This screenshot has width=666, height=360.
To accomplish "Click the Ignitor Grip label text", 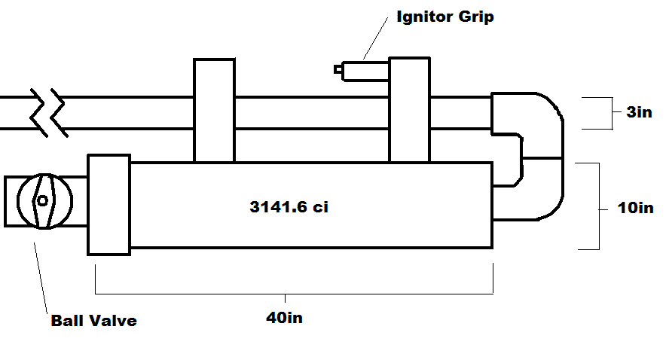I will [445, 17].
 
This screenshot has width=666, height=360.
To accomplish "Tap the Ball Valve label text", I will [93, 320].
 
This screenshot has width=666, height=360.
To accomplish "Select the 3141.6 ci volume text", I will [289, 207].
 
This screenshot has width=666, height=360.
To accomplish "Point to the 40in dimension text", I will [284, 318].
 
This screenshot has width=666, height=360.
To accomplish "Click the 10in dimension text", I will [635, 207].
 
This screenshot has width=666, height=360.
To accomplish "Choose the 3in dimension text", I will [639, 113].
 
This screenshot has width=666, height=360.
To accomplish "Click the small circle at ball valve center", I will [42, 200].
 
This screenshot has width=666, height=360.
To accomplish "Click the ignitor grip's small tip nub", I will [338, 69].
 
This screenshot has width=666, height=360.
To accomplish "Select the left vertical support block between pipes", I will [214, 110].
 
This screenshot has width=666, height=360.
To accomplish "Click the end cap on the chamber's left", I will [109, 204].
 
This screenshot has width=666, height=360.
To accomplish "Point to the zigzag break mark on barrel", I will [47, 113].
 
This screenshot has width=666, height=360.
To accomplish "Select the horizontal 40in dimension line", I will [294, 292].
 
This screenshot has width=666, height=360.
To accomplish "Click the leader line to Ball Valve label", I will [42, 275].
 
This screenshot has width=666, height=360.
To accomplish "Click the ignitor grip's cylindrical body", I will [365, 70].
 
